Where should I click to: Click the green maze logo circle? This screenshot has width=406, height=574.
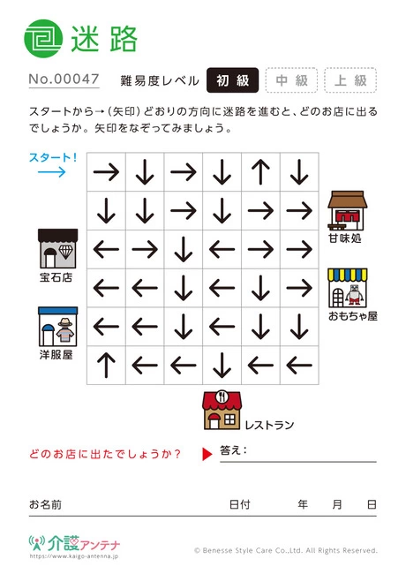coord(43,39)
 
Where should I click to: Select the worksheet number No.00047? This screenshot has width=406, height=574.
coord(64,79)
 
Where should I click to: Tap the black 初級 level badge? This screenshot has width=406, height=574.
coord(233,80)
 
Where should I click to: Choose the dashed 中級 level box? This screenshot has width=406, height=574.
coord(291,80)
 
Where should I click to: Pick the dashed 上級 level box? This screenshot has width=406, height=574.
coord(350,80)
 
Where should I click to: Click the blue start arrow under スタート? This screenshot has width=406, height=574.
coord(52,171)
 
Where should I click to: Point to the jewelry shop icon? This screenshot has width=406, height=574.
coord(57,248)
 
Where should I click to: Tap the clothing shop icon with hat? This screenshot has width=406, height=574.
coord(57,327)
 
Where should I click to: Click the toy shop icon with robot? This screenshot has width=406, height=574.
coord(348,288)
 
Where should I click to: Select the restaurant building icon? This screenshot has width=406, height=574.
coord(222,410)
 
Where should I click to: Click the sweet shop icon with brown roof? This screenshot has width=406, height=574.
coord(348,210)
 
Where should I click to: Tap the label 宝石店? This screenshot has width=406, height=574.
coord(56,277)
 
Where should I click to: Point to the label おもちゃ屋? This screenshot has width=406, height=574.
coord(352,316)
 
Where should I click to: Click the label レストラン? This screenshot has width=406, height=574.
coord(269,425)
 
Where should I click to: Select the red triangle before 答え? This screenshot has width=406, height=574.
coord(207,454)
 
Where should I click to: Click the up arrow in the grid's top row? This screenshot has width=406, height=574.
coord(260,171)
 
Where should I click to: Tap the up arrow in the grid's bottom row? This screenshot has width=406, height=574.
coord(106,365)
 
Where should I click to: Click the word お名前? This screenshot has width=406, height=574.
coord(45,504)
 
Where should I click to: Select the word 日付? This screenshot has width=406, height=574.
coord(239,504)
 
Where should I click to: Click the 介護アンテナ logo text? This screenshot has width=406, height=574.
coord(84,544)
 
